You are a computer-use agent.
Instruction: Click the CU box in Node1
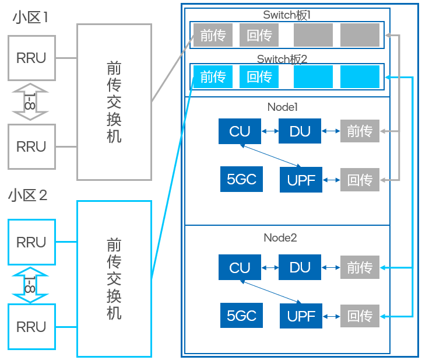pos(240,131)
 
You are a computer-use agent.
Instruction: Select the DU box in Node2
pos(300,267)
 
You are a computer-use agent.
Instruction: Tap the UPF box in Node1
pos(301,180)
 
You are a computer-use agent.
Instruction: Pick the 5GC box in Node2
pos(241,316)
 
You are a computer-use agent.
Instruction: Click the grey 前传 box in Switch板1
pos(213,35)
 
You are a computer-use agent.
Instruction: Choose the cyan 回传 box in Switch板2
pos(259,76)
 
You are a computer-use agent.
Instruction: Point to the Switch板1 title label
pos(287,15)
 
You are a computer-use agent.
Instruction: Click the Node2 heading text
pos(280,237)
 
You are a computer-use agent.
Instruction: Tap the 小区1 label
pos(30,18)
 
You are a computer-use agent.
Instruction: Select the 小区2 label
pos(28,195)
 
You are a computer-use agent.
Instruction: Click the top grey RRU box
pos(31,58)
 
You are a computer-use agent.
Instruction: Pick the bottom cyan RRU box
pos(31,327)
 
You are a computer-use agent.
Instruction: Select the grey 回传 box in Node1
pos(360,180)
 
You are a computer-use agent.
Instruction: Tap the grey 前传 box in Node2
pos(360,267)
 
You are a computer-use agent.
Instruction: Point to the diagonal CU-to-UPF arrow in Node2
pos(272,292)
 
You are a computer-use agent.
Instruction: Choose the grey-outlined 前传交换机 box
pos(114,102)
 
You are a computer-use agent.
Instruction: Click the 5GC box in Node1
pos(241,180)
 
